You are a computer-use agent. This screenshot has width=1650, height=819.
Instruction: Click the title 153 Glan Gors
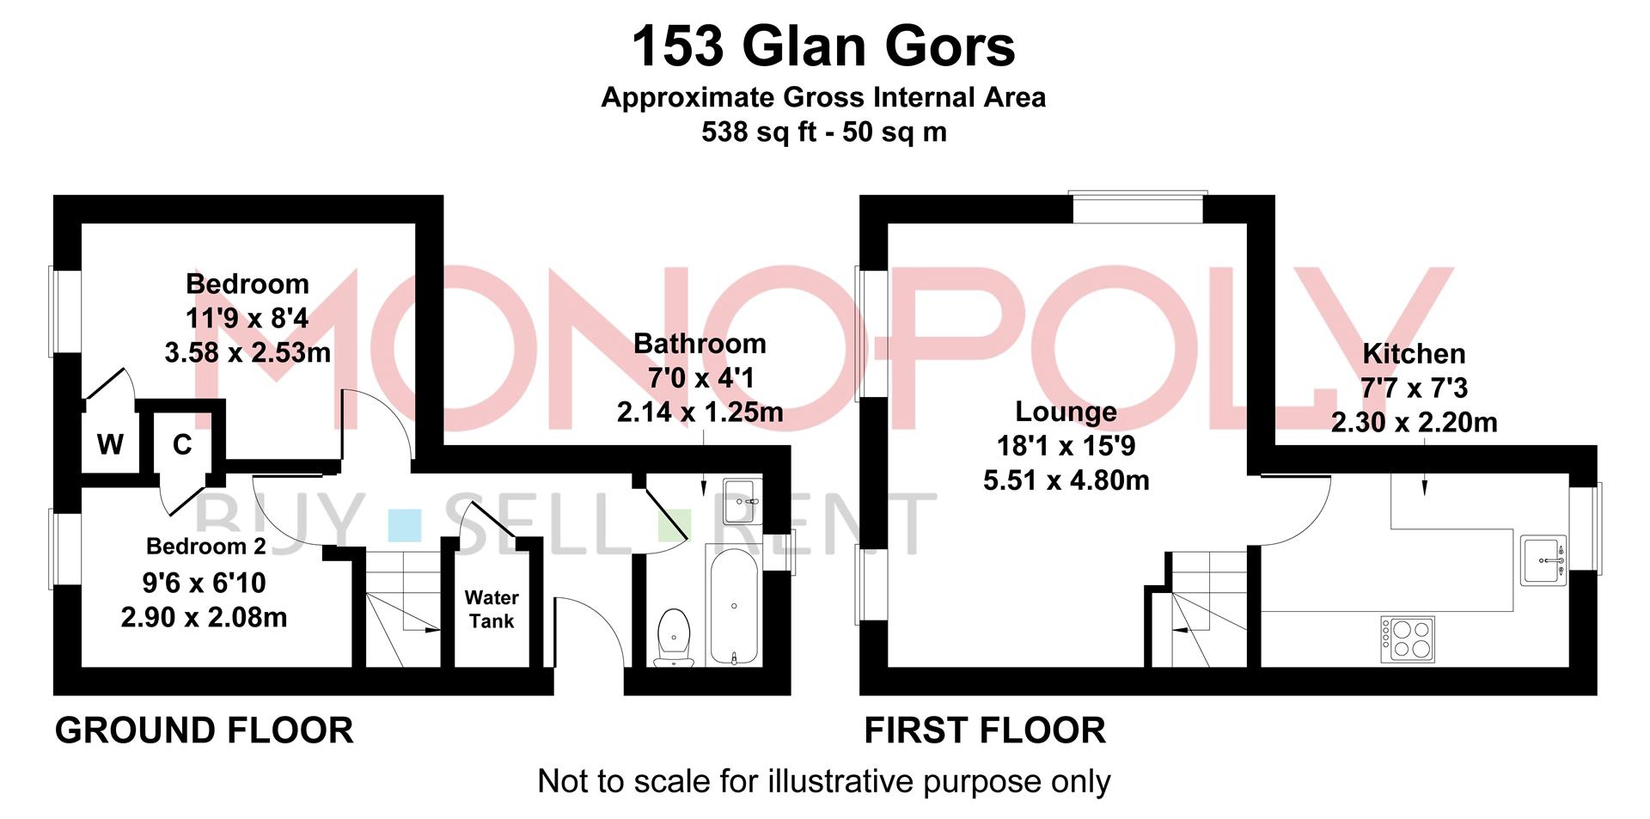823,46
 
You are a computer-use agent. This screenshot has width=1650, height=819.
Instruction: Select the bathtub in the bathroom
733,605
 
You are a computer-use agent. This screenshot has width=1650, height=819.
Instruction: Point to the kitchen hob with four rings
1407,639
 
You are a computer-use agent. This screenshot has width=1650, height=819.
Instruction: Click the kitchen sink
1543,560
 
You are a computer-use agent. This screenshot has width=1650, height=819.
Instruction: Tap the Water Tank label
492,609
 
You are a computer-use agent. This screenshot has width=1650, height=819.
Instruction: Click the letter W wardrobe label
110,444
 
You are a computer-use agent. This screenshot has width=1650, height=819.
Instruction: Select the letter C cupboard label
182,444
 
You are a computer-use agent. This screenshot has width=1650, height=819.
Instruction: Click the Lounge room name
1066,412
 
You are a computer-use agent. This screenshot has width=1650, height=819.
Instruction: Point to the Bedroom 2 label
205,546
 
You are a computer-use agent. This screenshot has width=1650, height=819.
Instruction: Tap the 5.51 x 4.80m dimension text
1066,480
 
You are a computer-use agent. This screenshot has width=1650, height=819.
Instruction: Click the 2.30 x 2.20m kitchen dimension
1414,422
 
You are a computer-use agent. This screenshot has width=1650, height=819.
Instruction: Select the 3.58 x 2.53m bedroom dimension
247,352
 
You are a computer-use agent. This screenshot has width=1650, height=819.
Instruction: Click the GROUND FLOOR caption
205,730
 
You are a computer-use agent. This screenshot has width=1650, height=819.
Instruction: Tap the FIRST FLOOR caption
985,730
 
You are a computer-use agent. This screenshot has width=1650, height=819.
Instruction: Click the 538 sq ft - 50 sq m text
823,132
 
